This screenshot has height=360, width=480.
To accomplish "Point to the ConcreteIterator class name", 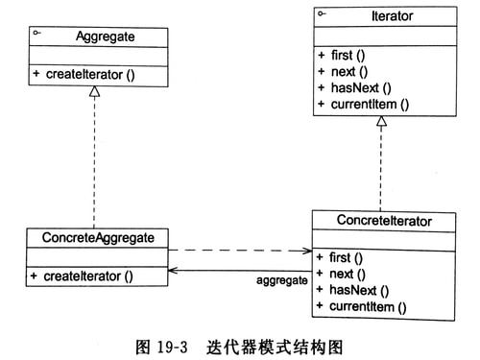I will [384, 221].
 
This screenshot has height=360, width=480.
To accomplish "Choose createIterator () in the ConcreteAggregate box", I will [87, 276].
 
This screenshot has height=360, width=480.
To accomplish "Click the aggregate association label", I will [282, 280].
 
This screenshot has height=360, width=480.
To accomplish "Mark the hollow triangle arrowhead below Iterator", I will [382, 122].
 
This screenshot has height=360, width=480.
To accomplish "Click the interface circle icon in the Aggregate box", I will [36, 34].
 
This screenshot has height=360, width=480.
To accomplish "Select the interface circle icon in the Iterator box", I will [323, 13].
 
